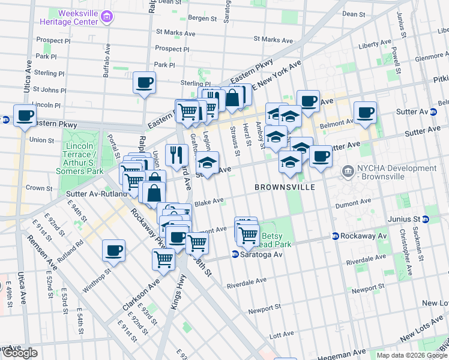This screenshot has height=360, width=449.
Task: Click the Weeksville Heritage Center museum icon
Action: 106,17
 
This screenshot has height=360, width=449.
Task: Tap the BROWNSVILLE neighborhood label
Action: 285,187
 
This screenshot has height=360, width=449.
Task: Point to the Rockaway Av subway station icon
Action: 336,236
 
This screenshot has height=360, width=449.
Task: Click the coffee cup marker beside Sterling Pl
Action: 145,83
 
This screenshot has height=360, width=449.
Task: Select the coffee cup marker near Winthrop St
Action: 113,251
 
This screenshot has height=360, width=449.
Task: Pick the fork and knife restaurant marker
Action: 176,155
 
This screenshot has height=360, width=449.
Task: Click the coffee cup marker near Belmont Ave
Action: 365,112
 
